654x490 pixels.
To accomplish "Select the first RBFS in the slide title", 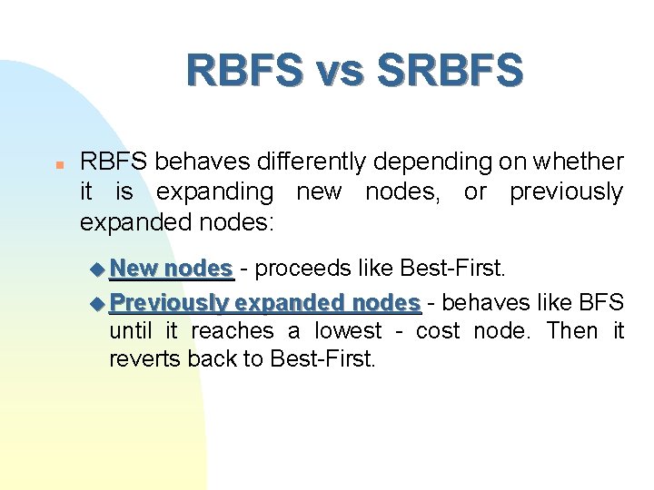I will tap(243, 70).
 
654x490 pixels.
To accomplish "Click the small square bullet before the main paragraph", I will tap(56, 166).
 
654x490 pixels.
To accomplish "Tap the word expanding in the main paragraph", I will tap(214, 192).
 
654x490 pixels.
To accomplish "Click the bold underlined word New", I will tap(134, 269).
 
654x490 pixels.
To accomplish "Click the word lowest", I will tap(349, 331).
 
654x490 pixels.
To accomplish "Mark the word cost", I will tap(437, 331).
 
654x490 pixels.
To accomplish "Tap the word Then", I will tap(572, 331).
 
